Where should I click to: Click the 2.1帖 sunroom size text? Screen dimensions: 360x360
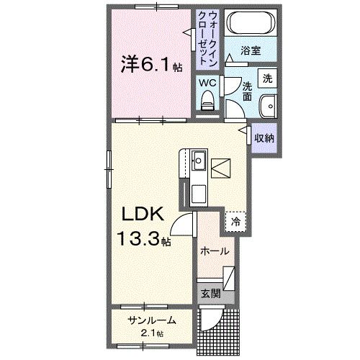[150, 333]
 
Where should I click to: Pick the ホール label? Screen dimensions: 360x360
[215, 251]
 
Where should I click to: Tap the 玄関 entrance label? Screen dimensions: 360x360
[210, 293]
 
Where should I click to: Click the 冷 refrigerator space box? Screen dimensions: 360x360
[235, 222]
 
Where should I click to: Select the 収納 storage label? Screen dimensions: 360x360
[264, 138]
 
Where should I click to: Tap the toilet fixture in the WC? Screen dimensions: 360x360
[208, 100]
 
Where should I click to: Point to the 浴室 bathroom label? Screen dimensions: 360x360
[251, 52]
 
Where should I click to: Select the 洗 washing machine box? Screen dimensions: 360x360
[267, 78]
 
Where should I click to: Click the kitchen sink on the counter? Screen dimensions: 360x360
[199, 159]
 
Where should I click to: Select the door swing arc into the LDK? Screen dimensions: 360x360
[185, 228]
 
